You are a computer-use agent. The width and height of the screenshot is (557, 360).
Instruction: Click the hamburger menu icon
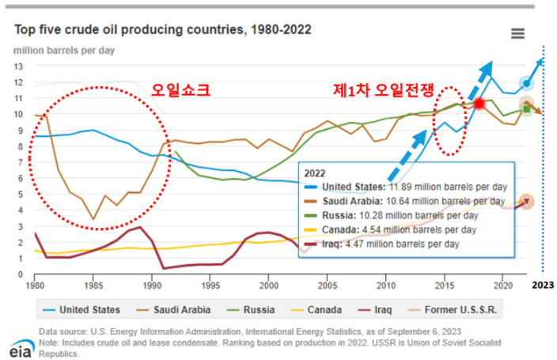click(517, 33)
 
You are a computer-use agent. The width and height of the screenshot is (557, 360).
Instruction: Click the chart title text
click(163, 29)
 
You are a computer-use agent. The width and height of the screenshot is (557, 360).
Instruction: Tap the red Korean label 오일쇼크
click(181, 90)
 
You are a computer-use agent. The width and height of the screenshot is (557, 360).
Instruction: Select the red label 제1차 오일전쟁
click(383, 90)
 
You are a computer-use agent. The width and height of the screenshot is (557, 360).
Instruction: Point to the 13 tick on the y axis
click(18, 66)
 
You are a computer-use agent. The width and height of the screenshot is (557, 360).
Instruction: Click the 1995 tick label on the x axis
click(210, 286)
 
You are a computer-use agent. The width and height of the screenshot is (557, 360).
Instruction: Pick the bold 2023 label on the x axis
click(543, 285)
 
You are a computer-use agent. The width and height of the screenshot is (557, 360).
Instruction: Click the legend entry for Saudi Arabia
click(174, 310)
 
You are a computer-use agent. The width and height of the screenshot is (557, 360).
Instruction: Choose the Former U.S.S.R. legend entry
click(453, 310)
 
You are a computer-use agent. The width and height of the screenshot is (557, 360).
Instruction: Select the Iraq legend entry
click(375, 310)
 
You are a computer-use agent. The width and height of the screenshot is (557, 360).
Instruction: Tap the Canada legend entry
click(316, 310)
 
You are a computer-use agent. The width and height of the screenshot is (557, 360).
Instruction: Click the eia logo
click(22, 349)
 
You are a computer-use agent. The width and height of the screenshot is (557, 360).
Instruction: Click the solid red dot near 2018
click(479, 104)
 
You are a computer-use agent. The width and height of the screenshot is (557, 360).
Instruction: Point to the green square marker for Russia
click(526, 109)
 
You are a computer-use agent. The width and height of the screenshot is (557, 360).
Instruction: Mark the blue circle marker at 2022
click(526, 84)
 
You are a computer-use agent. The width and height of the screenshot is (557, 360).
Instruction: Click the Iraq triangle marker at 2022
click(527, 202)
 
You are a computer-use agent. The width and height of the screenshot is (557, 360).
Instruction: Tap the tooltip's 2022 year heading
click(315, 173)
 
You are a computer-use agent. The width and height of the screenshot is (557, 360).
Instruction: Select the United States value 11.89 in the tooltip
click(400, 187)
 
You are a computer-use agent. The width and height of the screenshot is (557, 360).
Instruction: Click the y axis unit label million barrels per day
click(64, 51)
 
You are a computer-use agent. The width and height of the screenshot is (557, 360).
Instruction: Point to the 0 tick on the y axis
click(21, 275)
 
